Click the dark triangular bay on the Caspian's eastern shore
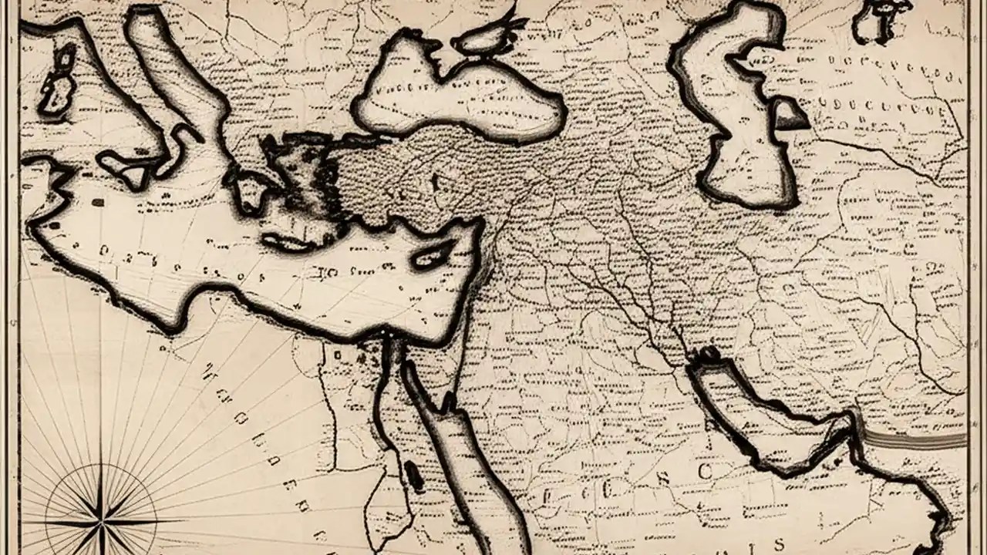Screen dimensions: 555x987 tap(788, 116)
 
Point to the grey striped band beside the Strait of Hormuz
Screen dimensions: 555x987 tap(914, 439)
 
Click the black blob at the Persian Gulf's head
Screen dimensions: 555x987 tap(707, 355)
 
